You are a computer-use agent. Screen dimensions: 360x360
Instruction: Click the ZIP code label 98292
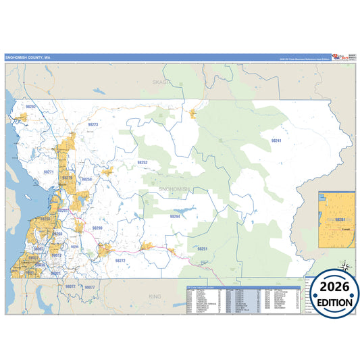click(30, 106)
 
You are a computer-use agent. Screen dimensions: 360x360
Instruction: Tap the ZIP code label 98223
click(93, 125)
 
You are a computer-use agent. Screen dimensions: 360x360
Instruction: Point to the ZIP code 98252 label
click(143, 163)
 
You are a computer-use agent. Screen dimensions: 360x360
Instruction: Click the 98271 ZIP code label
click(49, 172)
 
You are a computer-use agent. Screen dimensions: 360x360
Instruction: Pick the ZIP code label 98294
click(175, 217)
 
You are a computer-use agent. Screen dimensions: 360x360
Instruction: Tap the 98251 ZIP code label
click(202, 249)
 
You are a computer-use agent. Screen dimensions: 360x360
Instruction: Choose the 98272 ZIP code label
click(120, 260)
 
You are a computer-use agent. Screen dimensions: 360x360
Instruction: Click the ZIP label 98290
click(97, 228)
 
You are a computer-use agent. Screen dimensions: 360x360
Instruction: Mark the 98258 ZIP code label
click(86, 179)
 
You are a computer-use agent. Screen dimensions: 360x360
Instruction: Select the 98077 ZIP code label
click(91, 287)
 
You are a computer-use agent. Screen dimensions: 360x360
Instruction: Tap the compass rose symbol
click(344, 267)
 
